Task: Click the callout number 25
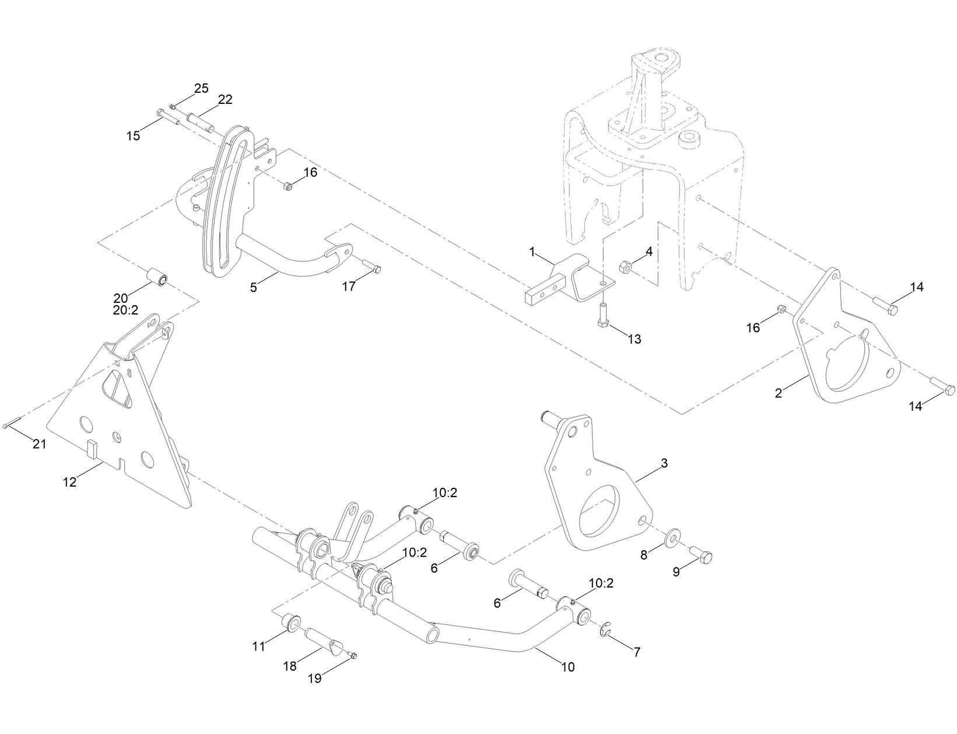click(201, 88)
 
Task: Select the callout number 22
click(225, 100)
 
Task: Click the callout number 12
click(69, 483)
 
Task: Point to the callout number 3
click(664, 463)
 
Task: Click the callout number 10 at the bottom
click(567, 666)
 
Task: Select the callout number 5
click(253, 287)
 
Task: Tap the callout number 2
click(778, 393)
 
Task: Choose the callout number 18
click(290, 666)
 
